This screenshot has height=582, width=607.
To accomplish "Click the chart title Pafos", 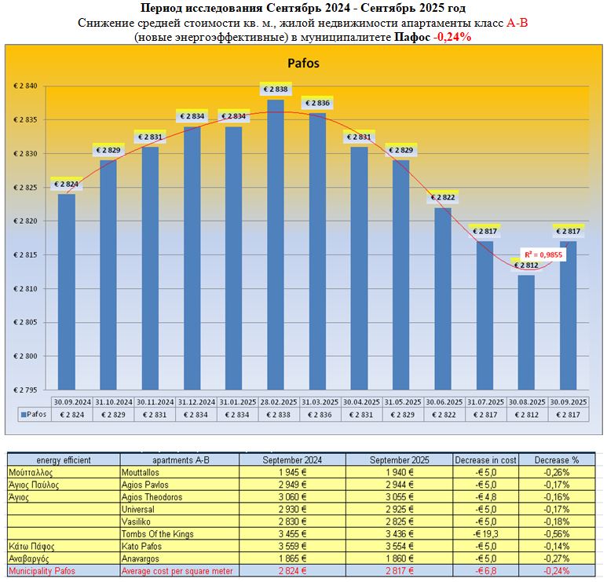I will point(303,64).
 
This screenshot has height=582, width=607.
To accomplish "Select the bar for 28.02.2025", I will point(276,243).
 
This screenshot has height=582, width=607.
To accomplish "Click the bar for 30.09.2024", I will point(67,291).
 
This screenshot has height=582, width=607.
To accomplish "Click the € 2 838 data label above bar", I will point(276,90).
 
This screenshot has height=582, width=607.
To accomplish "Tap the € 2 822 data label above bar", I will point(444,198).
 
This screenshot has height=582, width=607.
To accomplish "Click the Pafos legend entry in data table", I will point(31,414).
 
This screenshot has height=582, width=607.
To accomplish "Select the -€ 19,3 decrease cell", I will point(485,533).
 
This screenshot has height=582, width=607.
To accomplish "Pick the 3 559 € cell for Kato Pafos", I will point(292,546).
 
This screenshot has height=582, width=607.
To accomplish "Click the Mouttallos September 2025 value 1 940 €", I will point(399,472).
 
